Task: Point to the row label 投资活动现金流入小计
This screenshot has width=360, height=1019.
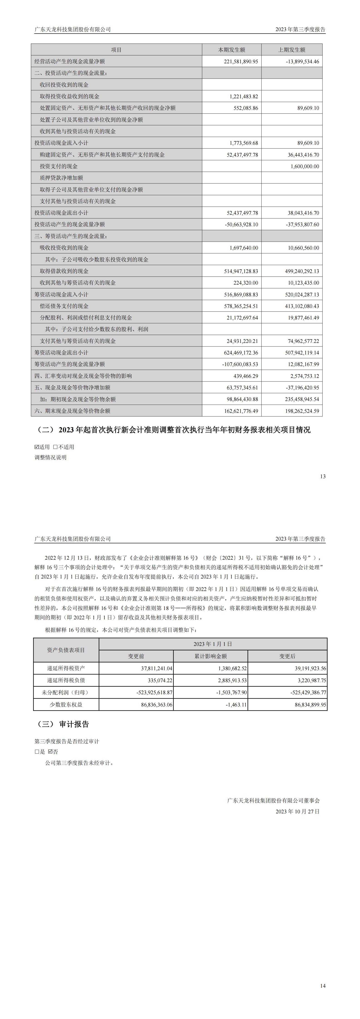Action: (x=61, y=143)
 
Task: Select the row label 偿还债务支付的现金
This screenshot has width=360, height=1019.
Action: (x=64, y=306)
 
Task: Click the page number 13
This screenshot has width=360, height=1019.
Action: (x=323, y=477)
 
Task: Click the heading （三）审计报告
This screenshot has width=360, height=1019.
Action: (x=63, y=724)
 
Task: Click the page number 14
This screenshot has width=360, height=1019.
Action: (x=323, y=986)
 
